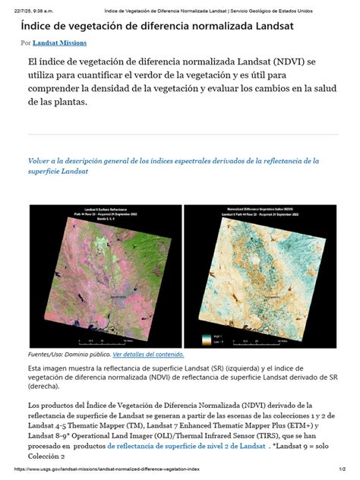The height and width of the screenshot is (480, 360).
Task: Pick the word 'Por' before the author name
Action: pos(25,44)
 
